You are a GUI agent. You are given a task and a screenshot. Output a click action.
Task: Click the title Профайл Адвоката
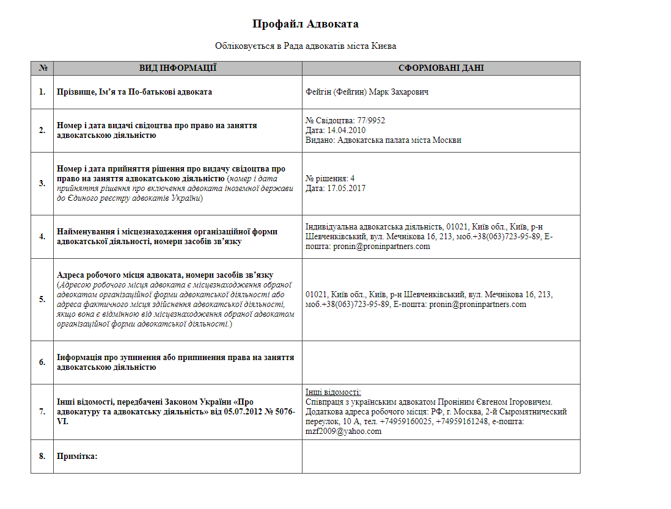pos(305,24)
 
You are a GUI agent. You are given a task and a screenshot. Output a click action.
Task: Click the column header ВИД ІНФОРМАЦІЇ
pos(178,68)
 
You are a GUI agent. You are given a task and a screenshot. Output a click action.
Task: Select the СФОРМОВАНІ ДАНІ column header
pos(441,68)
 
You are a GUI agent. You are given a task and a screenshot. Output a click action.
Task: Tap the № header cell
pos(43,68)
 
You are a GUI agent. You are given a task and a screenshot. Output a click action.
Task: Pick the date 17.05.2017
pos(346,188)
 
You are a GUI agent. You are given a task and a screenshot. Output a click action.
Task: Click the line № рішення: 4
pos(330,178)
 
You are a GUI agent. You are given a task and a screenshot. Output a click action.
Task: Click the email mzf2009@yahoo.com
pos(343,431)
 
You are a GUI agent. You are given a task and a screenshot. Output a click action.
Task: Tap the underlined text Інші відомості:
pos(333,392)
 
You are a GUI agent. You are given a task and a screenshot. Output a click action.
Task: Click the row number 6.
pos(42,363)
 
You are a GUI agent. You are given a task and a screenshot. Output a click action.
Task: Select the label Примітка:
pos(77,456)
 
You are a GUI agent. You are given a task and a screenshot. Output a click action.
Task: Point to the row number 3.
pos(42,183)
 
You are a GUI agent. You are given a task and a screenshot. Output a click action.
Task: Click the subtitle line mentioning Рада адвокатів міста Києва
pos(305,46)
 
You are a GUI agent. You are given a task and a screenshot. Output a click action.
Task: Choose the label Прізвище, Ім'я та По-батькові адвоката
pos(134,92)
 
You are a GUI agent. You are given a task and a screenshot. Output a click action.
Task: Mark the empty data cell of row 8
pos(441,456)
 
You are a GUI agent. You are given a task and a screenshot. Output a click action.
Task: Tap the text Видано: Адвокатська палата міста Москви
pos(383,140)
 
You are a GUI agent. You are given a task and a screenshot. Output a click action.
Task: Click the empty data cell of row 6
pos(441,363)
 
